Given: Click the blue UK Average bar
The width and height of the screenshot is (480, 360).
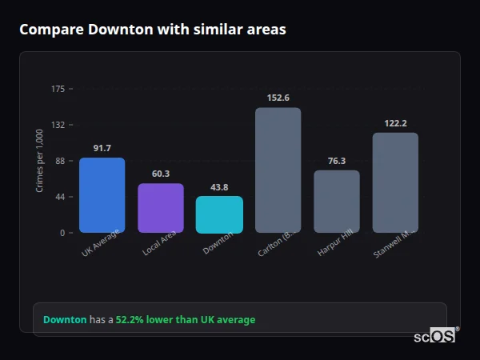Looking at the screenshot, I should point(102,195).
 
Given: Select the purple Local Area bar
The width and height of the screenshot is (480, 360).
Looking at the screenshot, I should point(160,208).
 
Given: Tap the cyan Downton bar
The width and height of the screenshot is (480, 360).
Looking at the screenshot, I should point(219,214).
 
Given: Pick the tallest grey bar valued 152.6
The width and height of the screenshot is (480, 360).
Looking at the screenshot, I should point(278,170).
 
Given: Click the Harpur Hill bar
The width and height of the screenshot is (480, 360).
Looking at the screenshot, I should point(336,202).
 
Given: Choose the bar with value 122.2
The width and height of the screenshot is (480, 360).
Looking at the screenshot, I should point(395,182).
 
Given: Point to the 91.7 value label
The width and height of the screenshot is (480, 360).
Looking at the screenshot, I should point(102,148).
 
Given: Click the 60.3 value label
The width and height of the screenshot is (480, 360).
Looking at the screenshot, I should point(161,174).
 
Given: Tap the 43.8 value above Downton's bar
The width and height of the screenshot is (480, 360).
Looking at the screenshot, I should point(219,187).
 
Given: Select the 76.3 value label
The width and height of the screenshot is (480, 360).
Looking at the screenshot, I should point(337,161).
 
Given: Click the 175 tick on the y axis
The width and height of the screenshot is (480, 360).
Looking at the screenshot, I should point(58,89).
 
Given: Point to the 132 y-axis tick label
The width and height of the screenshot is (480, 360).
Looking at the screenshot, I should point(58,125).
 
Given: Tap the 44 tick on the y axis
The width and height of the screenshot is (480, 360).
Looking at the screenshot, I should point(60,197).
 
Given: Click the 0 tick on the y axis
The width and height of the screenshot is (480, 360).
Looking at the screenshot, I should point(62,233).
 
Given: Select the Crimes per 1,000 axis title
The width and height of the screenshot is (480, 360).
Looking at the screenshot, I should point(40,162).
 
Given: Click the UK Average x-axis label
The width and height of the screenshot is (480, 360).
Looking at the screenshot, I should point(101,243).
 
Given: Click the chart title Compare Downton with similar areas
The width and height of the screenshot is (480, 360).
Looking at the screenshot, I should point(153,30).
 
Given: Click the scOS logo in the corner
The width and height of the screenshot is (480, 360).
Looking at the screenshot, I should point(434,336).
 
